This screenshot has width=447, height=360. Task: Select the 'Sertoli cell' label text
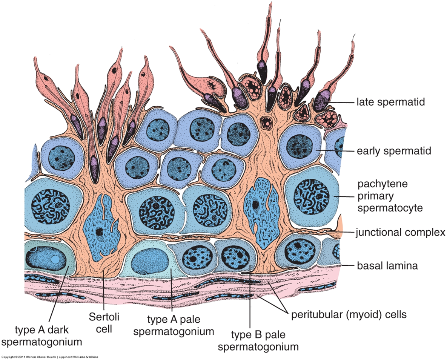click(104, 323)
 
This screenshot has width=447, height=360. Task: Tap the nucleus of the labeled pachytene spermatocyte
click(309, 196)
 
